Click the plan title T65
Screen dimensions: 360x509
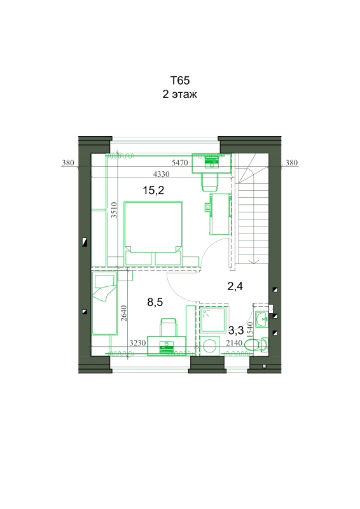point(180,80)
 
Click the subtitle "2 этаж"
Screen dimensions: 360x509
point(180,94)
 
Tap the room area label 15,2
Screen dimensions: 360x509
point(153,190)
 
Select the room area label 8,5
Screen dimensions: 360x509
point(155,302)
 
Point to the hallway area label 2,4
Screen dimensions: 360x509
point(235,286)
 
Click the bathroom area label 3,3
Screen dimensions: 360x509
point(236,330)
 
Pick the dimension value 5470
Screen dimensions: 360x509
point(180,163)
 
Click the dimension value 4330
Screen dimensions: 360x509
point(162,174)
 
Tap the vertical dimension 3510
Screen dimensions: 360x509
point(114,210)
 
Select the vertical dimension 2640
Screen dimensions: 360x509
point(123,313)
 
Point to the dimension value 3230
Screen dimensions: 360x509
point(137,343)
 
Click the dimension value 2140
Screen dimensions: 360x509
point(234,343)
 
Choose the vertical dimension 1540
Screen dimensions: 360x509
point(249,330)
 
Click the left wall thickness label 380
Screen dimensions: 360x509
point(68,163)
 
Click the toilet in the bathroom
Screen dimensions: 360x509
point(256,344)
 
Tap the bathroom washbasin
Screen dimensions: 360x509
point(261,319)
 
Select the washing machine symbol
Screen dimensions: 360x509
point(209,345)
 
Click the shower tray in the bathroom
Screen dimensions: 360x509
point(213,320)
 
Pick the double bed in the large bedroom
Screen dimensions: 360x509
point(153,227)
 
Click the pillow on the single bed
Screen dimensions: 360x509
point(104,281)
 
